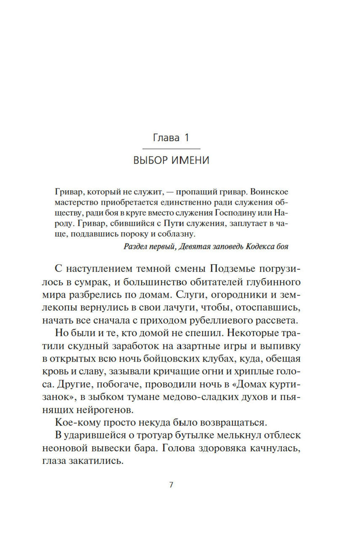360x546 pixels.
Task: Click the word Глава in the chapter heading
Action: point(166,138)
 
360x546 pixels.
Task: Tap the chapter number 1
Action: point(186,138)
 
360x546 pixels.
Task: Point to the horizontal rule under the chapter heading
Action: point(171,149)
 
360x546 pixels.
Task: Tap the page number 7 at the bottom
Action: point(171,485)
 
